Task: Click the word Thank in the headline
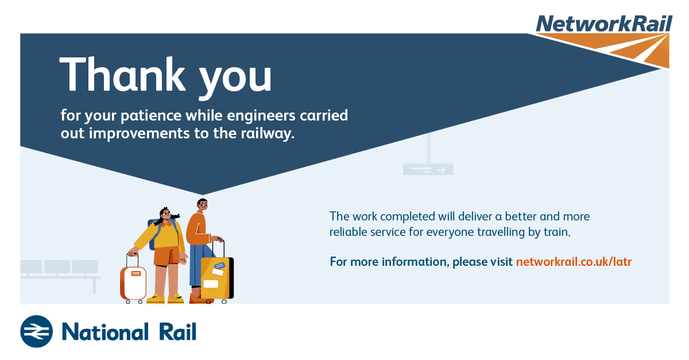point(122,74)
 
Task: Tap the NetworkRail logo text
point(604,24)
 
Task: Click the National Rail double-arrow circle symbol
point(36,331)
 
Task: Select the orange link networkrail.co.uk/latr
point(574,262)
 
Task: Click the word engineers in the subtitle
point(261,116)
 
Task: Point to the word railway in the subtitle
point(266,134)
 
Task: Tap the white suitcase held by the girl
point(133,282)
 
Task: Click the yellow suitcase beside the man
point(217,278)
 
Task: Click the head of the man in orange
point(202,205)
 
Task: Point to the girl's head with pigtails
point(166,214)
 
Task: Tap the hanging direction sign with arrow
point(428,169)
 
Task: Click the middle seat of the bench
point(57,266)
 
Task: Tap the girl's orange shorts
point(167,256)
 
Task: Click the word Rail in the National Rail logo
point(177,332)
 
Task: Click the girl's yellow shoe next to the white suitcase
point(156,299)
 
